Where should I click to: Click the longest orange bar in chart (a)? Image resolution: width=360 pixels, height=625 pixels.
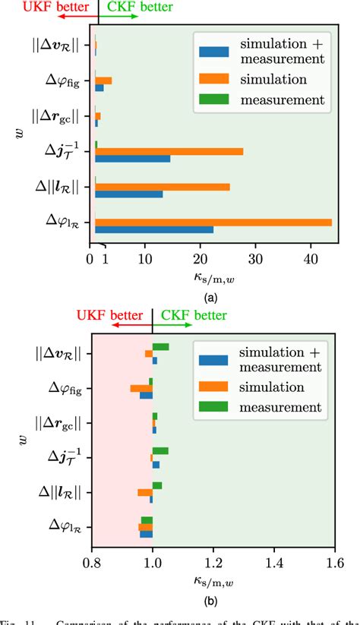click(213, 222)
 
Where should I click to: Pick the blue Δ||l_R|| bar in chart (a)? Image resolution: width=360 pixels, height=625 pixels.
click(128, 194)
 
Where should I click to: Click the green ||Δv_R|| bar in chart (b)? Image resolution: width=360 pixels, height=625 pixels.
click(160, 346)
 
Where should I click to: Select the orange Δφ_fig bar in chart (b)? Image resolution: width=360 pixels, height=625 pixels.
click(141, 388)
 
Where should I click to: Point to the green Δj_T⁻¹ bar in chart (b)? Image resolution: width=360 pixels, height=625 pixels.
click(160, 450)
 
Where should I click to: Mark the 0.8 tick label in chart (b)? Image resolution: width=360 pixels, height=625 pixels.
click(92, 564)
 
